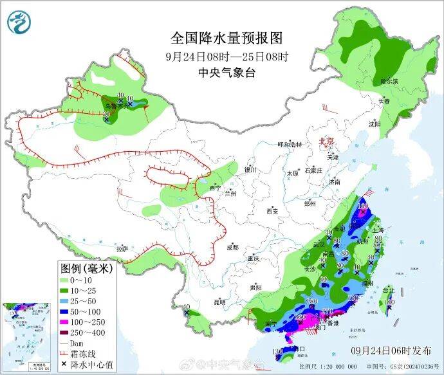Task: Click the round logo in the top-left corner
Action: tap(19, 23)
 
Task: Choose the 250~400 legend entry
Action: tap(87, 333)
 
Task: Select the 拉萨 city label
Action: tap(122, 248)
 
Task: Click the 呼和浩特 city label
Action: tap(289, 145)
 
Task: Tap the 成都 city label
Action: tap(232, 247)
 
